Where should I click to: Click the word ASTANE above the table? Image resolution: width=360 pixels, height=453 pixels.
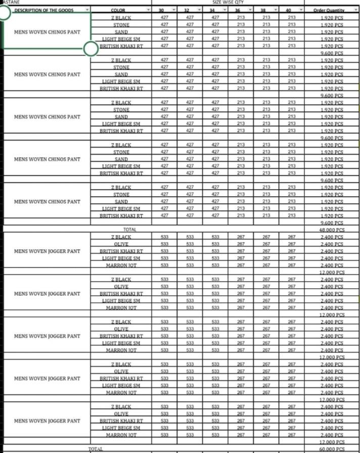tap(9, 2)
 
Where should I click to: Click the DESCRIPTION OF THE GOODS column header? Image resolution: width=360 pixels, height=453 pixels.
tap(43, 10)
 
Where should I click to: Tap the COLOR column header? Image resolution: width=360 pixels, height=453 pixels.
tap(121, 10)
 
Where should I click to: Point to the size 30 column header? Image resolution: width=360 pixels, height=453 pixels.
tap(161, 10)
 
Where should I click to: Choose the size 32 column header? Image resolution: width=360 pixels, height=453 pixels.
tap(187, 10)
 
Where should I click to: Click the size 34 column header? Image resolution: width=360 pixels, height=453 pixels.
tap(212, 10)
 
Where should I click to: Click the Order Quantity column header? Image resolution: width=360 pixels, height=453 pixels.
tap(328, 10)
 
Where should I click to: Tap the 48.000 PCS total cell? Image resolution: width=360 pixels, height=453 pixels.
tap(332, 230)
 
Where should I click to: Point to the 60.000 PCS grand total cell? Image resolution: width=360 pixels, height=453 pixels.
tap(332, 449)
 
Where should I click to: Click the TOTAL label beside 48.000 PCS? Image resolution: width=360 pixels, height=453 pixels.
tap(122, 230)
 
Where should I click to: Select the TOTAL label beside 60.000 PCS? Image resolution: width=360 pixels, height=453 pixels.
tap(95, 449)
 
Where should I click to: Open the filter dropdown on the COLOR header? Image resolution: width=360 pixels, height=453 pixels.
tap(148, 10)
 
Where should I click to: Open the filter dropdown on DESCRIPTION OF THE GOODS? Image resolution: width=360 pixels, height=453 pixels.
tap(87, 10)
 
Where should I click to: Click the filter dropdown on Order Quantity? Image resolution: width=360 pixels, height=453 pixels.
tap(355, 10)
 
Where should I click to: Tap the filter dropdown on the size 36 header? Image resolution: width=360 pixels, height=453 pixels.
tap(249, 10)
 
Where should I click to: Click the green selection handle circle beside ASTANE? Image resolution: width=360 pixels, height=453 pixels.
tap(4, 13)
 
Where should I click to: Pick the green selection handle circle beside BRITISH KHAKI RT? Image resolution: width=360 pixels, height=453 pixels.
tap(91, 49)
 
